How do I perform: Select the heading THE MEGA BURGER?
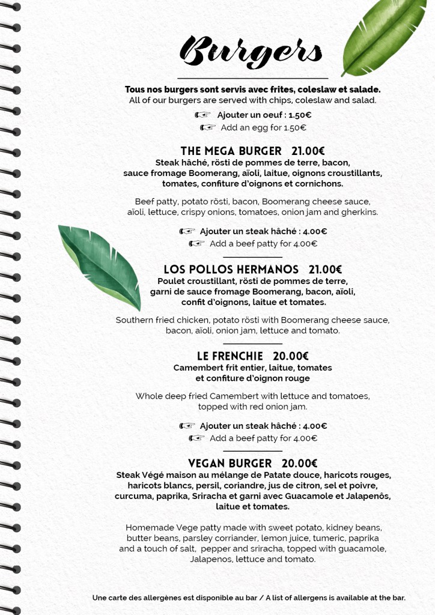pyautogui.click(x=231, y=151)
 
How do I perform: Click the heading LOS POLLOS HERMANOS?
pyautogui.click(x=231, y=269)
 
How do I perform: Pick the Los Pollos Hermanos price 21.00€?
pyautogui.click(x=325, y=269)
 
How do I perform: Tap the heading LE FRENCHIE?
pyautogui.click(x=230, y=356)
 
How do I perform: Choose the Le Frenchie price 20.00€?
pyautogui.click(x=291, y=356)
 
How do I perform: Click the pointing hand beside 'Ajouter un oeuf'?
pyautogui.click(x=202, y=115)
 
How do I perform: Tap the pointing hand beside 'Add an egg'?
pyautogui.click(x=207, y=127)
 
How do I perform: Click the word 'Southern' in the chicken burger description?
pyautogui.click(x=136, y=320)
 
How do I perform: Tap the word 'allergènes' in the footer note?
pyautogui.click(x=157, y=598)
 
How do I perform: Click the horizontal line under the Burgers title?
pyautogui.click(x=252, y=78)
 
